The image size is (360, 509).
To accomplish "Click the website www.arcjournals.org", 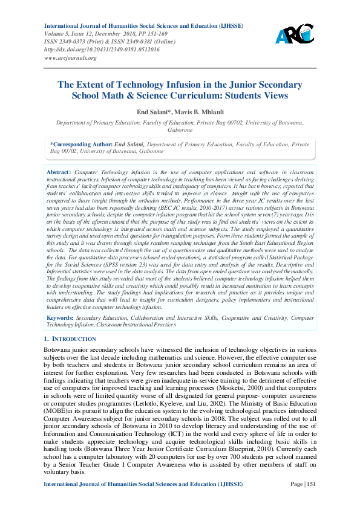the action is point(70,58).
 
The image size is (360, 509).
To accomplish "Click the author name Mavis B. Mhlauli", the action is point(198,112).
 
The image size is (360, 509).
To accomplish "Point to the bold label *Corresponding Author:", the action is point(81,144).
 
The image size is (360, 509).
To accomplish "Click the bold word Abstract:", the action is point(59,172).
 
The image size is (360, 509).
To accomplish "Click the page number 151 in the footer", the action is point(310,501).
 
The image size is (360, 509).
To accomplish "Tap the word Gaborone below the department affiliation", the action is point(180,129).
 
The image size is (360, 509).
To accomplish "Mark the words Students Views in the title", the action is point(255,96).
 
